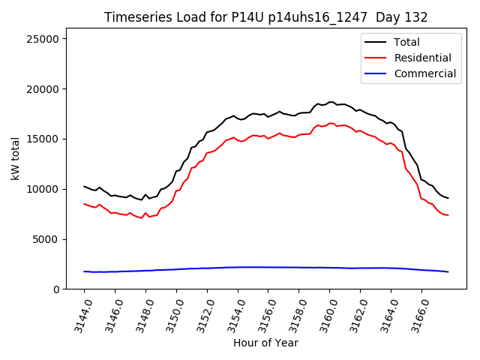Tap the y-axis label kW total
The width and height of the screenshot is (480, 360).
click(15, 159)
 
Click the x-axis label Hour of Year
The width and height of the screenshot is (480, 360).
click(265, 343)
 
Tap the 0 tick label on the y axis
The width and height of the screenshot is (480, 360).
click(57, 289)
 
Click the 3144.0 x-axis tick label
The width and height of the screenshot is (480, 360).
click(76, 315)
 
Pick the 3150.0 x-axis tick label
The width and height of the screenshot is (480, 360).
click(169, 315)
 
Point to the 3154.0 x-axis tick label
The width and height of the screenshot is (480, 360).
click(230, 315)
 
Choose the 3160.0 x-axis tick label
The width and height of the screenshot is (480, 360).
click(322, 315)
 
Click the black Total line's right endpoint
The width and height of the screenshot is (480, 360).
click(448, 198)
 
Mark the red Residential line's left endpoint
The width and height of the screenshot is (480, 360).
click(84, 204)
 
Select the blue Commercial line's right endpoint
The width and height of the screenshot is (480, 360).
click(448, 271)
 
